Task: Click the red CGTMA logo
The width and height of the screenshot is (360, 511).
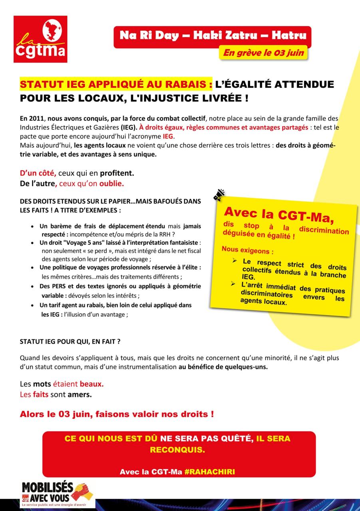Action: pos(40,39)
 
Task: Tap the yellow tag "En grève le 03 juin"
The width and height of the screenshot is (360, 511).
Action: pos(263,53)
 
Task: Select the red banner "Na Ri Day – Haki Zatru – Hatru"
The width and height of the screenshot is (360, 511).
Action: pos(213,36)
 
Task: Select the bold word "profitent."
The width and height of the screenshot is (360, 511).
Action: pos(117,174)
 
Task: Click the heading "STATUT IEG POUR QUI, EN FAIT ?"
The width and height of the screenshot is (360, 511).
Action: pos(70,342)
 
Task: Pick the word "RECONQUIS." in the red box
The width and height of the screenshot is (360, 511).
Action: pos(177,450)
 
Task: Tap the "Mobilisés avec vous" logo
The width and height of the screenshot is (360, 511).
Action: pos(57,494)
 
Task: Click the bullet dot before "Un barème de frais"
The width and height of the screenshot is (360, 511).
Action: pos(32,227)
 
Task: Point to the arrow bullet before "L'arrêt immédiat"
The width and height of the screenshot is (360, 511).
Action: pos(233,284)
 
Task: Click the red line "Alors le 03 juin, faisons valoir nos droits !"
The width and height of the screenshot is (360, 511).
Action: pos(117,414)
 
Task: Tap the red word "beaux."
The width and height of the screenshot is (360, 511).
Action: pos(91,384)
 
